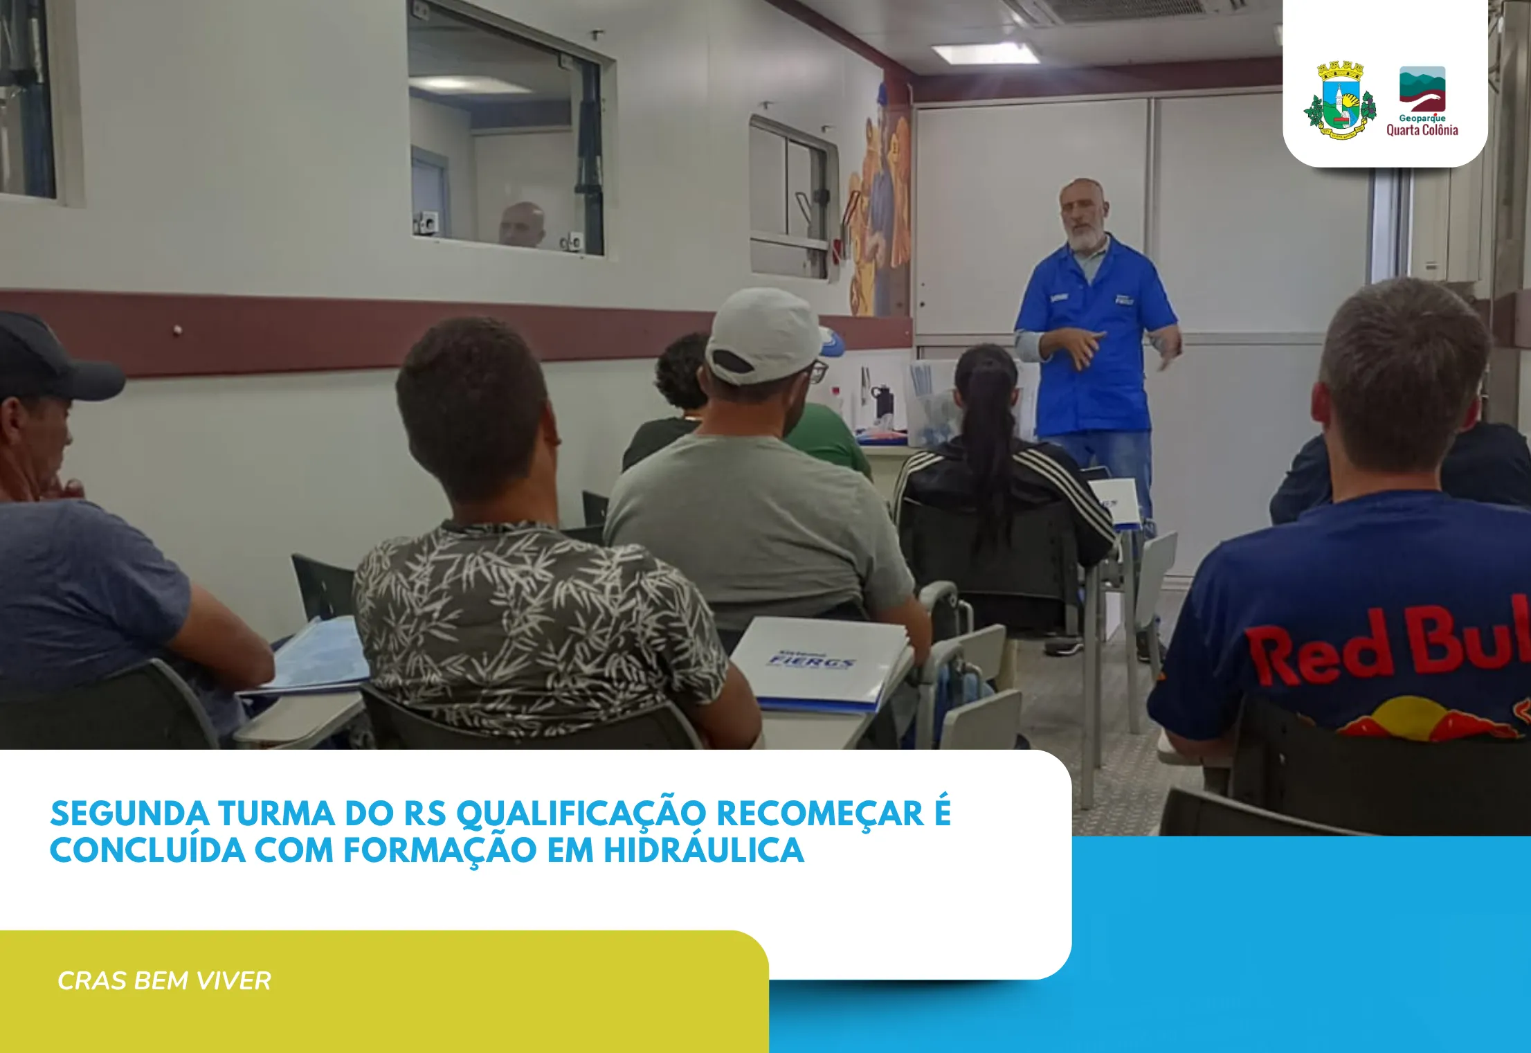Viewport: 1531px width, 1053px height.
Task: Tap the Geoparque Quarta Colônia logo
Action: tap(1422, 101)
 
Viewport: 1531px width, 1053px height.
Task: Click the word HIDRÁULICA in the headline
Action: tap(703, 851)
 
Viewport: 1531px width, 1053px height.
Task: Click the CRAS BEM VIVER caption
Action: tap(164, 980)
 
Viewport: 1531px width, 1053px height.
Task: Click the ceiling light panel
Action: tap(985, 53)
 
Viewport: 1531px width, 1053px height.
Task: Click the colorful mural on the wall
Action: tap(879, 208)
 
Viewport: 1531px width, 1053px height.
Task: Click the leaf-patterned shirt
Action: tap(533, 623)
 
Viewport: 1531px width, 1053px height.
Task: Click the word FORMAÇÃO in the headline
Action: tap(440, 851)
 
